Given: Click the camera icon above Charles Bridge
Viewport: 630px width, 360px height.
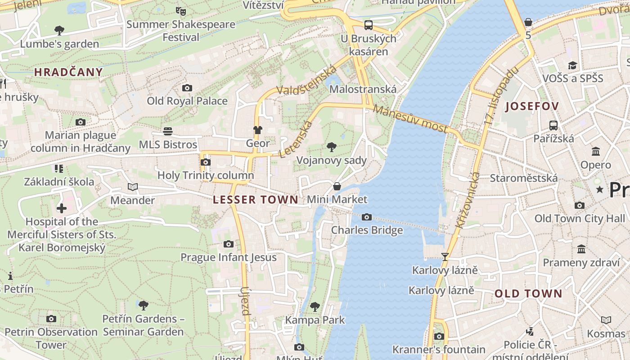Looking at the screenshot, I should [x=367, y=217].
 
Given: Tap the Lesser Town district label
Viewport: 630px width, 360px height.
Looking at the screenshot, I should [x=255, y=200].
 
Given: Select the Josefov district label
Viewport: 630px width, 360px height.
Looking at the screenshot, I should [x=532, y=107].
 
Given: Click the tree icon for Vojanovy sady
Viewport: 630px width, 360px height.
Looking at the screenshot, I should [x=332, y=147].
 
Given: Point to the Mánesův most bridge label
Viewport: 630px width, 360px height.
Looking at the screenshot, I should [x=410, y=119].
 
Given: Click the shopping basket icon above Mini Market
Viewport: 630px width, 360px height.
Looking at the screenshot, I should [x=337, y=186].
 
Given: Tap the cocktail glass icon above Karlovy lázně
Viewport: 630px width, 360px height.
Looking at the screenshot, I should [x=445, y=257].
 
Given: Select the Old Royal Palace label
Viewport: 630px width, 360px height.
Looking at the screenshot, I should [x=187, y=101].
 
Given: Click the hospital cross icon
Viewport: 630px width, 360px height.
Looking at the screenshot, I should [x=62, y=208].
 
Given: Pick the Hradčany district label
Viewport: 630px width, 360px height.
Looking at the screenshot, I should [x=68, y=72].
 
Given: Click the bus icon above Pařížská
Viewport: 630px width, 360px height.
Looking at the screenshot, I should [x=553, y=126].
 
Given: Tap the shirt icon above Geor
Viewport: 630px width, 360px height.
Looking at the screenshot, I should [x=257, y=130].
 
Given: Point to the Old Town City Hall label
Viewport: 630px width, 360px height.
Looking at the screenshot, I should [x=580, y=219].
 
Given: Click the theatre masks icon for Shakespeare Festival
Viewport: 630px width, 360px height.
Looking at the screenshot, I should [x=181, y=11].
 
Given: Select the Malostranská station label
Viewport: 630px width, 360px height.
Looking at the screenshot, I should [x=363, y=89].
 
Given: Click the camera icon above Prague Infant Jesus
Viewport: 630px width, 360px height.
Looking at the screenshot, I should [x=229, y=244].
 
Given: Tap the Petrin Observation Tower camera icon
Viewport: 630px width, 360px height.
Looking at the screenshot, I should [x=51, y=319].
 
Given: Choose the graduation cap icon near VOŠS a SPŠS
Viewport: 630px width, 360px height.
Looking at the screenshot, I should [x=572, y=66].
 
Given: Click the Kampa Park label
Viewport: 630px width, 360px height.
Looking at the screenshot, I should [x=315, y=320].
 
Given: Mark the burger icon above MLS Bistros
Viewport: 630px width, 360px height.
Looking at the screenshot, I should [x=168, y=131].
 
